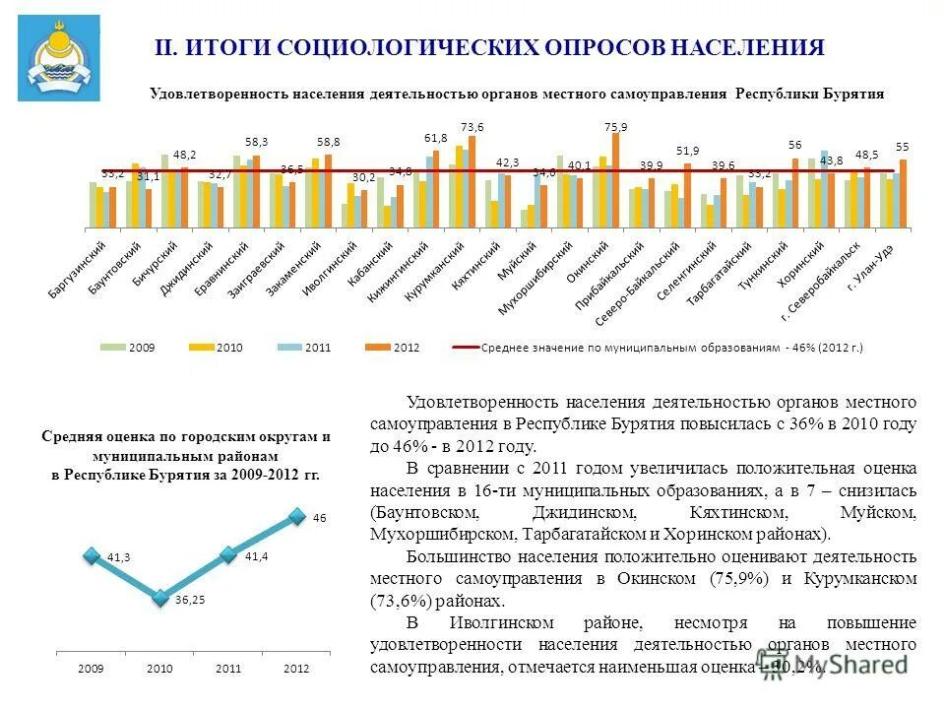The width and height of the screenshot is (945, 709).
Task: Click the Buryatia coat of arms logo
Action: (58, 58)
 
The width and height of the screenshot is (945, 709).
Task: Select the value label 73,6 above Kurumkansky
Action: (472, 127)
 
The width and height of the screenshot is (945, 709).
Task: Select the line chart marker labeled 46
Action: (296, 516)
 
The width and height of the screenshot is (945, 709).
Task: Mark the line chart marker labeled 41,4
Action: (228, 554)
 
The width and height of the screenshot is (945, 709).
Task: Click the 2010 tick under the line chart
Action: (159, 669)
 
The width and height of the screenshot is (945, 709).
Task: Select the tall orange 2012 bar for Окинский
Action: (616, 166)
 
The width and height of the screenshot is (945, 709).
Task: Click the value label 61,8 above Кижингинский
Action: (436, 138)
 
